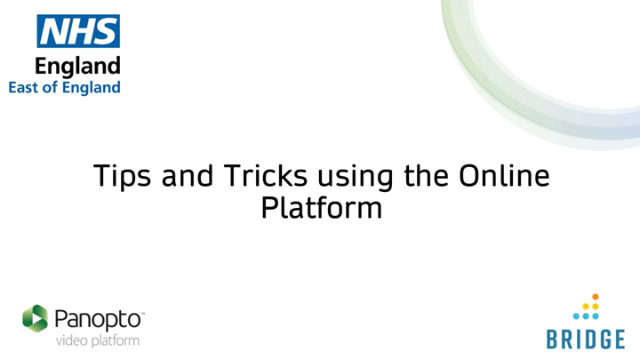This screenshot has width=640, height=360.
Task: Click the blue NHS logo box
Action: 78,31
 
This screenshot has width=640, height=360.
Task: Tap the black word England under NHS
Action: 77,67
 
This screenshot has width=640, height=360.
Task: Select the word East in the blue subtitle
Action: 25,87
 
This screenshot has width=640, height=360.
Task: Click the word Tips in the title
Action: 123,176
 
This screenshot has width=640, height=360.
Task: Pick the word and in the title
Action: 188,175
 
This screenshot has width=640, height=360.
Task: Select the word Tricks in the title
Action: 265,175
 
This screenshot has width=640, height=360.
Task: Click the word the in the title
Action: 426,175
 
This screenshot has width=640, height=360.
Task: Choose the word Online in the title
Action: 504,175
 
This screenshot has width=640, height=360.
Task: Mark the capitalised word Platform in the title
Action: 322,209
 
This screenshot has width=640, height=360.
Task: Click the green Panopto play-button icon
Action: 35,318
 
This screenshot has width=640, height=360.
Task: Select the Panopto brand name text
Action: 98,320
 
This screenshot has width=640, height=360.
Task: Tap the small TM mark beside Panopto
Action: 143,314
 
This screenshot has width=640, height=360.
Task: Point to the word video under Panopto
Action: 71,340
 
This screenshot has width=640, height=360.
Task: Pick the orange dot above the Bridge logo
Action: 596,297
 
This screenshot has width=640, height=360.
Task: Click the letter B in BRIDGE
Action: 553,340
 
